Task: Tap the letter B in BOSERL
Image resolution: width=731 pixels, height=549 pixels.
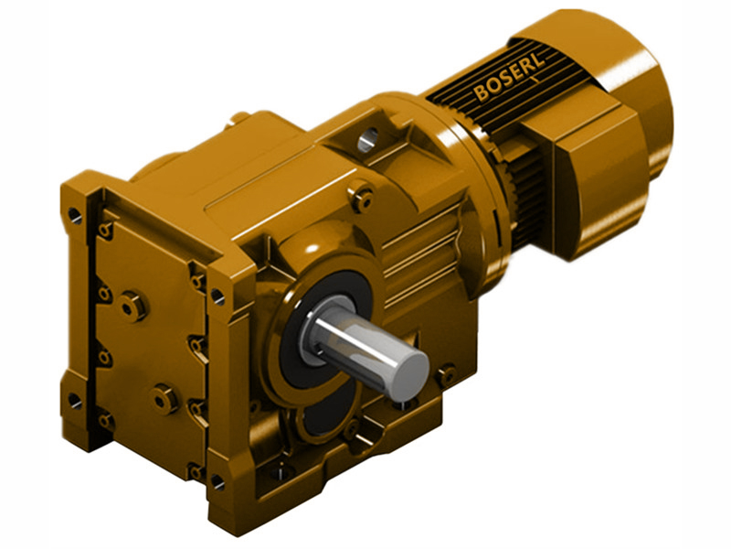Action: (482, 94)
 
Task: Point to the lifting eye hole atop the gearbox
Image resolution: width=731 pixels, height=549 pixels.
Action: (368, 139)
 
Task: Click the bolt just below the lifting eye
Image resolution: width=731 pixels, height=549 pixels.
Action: (363, 196)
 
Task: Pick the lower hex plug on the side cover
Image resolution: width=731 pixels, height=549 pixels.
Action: (164, 399)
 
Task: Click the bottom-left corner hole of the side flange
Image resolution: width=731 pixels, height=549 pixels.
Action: (74, 401)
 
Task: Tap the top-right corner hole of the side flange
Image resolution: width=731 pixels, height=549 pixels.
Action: (217, 296)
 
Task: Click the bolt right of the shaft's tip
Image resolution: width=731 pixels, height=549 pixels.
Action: (446, 374)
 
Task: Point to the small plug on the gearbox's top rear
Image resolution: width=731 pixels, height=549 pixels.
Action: (240, 118)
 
